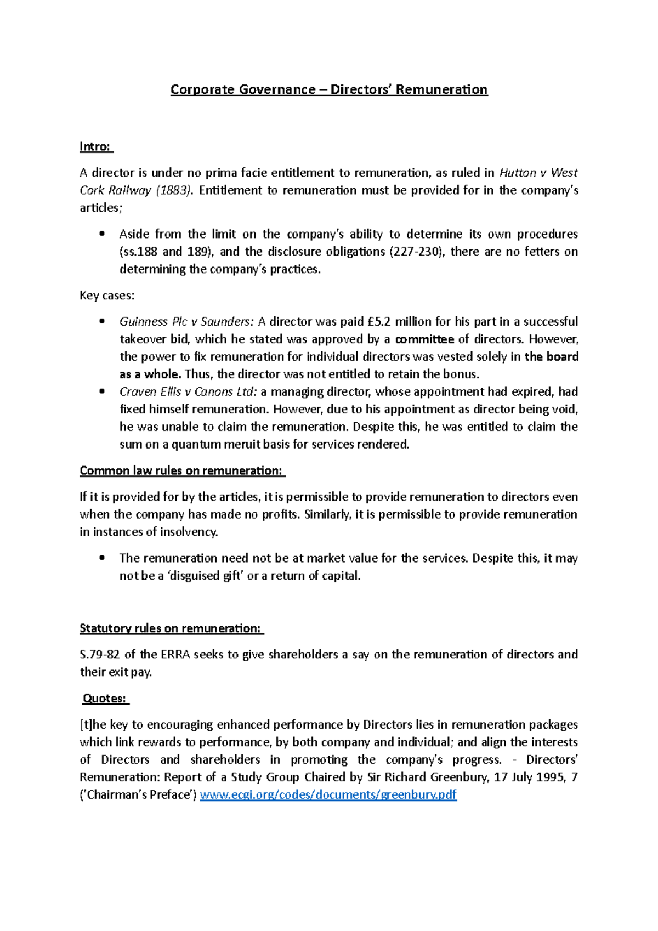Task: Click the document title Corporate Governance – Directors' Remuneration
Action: pyautogui.click(x=328, y=89)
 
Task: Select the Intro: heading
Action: pyautogui.click(x=95, y=146)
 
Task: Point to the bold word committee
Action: pyautogui.click(x=424, y=339)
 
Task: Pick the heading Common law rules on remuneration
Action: pyautogui.click(x=181, y=470)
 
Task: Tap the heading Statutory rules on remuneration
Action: pyautogui.click(x=171, y=628)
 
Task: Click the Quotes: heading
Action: pyautogui.click(x=105, y=699)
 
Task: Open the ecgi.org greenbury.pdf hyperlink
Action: pyautogui.click(x=328, y=794)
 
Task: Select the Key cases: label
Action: pyautogui.click(x=107, y=296)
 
